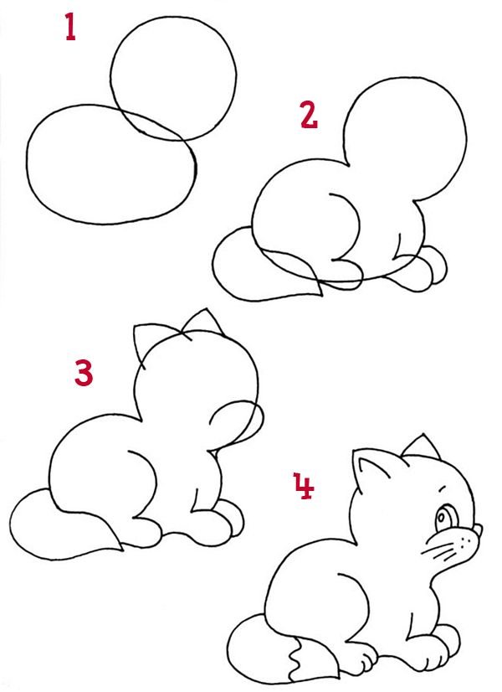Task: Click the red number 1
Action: coord(70,27)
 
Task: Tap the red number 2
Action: coord(309,115)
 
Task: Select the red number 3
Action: coord(84,373)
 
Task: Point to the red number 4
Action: coord(304,486)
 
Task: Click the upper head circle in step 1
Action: coord(111,80)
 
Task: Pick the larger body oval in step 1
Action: coord(27,163)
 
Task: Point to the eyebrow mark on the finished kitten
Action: coord(443,488)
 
